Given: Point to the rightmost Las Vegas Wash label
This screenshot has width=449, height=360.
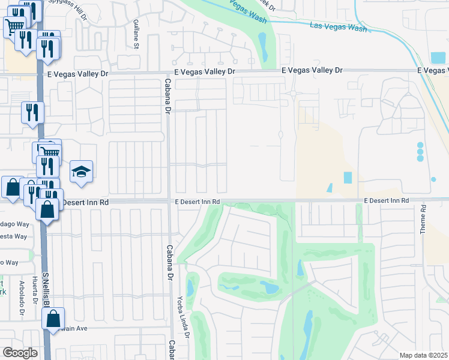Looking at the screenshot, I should click(338, 27).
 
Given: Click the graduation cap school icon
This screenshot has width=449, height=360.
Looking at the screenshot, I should click(81, 172).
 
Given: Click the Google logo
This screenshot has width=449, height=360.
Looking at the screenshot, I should click(20, 353).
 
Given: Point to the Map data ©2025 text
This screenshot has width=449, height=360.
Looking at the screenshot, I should click(424, 355).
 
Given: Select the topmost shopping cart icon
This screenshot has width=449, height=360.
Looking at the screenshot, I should click(15, 25).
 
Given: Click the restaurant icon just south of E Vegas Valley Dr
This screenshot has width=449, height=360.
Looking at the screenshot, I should click(32, 112).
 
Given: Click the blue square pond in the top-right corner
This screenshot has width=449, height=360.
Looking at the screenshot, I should click(438, 58).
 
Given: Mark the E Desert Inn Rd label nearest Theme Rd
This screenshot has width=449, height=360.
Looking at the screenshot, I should click(386, 200).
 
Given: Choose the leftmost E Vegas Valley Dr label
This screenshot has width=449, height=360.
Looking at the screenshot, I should click(78, 74).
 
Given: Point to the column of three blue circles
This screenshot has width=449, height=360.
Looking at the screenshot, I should click(420, 151).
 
